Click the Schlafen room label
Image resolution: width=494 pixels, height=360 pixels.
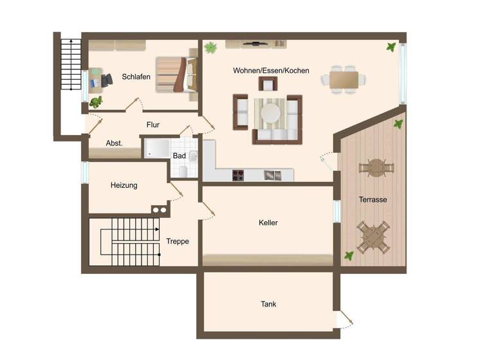click(136, 77)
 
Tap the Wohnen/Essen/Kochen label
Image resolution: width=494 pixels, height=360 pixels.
click(271, 70)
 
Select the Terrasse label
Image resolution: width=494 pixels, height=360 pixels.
click(373, 199)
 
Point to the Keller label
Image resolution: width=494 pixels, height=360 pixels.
click(268, 222)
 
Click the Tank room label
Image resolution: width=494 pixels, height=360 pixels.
click(268, 303)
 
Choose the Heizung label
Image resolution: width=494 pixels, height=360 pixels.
click(123, 185)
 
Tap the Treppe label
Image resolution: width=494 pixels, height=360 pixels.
click(178, 241)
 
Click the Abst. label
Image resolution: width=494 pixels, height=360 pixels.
click(114, 143)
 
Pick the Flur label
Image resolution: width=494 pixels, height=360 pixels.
click(152, 125)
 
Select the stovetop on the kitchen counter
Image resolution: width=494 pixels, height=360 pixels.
click(239, 174)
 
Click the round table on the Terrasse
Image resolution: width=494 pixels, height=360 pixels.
click(376, 168)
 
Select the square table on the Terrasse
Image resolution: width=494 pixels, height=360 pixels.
click(374, 236)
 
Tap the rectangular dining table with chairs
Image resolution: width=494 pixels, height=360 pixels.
click(343, 79)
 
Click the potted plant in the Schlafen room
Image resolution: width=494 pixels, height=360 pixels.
click(96, 102)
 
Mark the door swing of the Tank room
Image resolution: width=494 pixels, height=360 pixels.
click(345, 318)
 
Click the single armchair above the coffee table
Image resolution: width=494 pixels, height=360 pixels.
click(268, 84)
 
